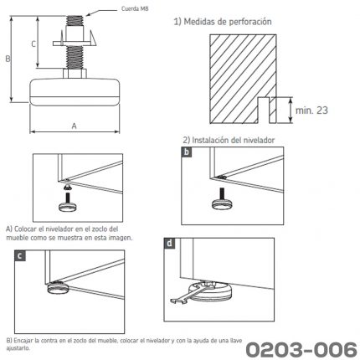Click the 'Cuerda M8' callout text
(135, 8)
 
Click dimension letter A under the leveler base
(74, 126)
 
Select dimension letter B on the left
(8, 59)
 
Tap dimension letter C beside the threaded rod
(33, 44)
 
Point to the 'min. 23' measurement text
(311, 111)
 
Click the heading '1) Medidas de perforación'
(223, 22)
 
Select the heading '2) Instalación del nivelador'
(229, 140)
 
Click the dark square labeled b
(187, 152)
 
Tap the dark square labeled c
(20, 256)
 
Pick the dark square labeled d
(169, 244)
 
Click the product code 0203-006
(301, 349)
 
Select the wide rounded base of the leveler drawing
(75, 92)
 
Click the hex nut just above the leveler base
(75, 74)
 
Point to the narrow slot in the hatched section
(264, 111)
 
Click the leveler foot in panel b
(222, 201)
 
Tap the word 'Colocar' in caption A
(25, 229)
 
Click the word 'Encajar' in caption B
(24, 341)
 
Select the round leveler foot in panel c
(59, 288)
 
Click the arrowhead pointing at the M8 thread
(89, 14)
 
